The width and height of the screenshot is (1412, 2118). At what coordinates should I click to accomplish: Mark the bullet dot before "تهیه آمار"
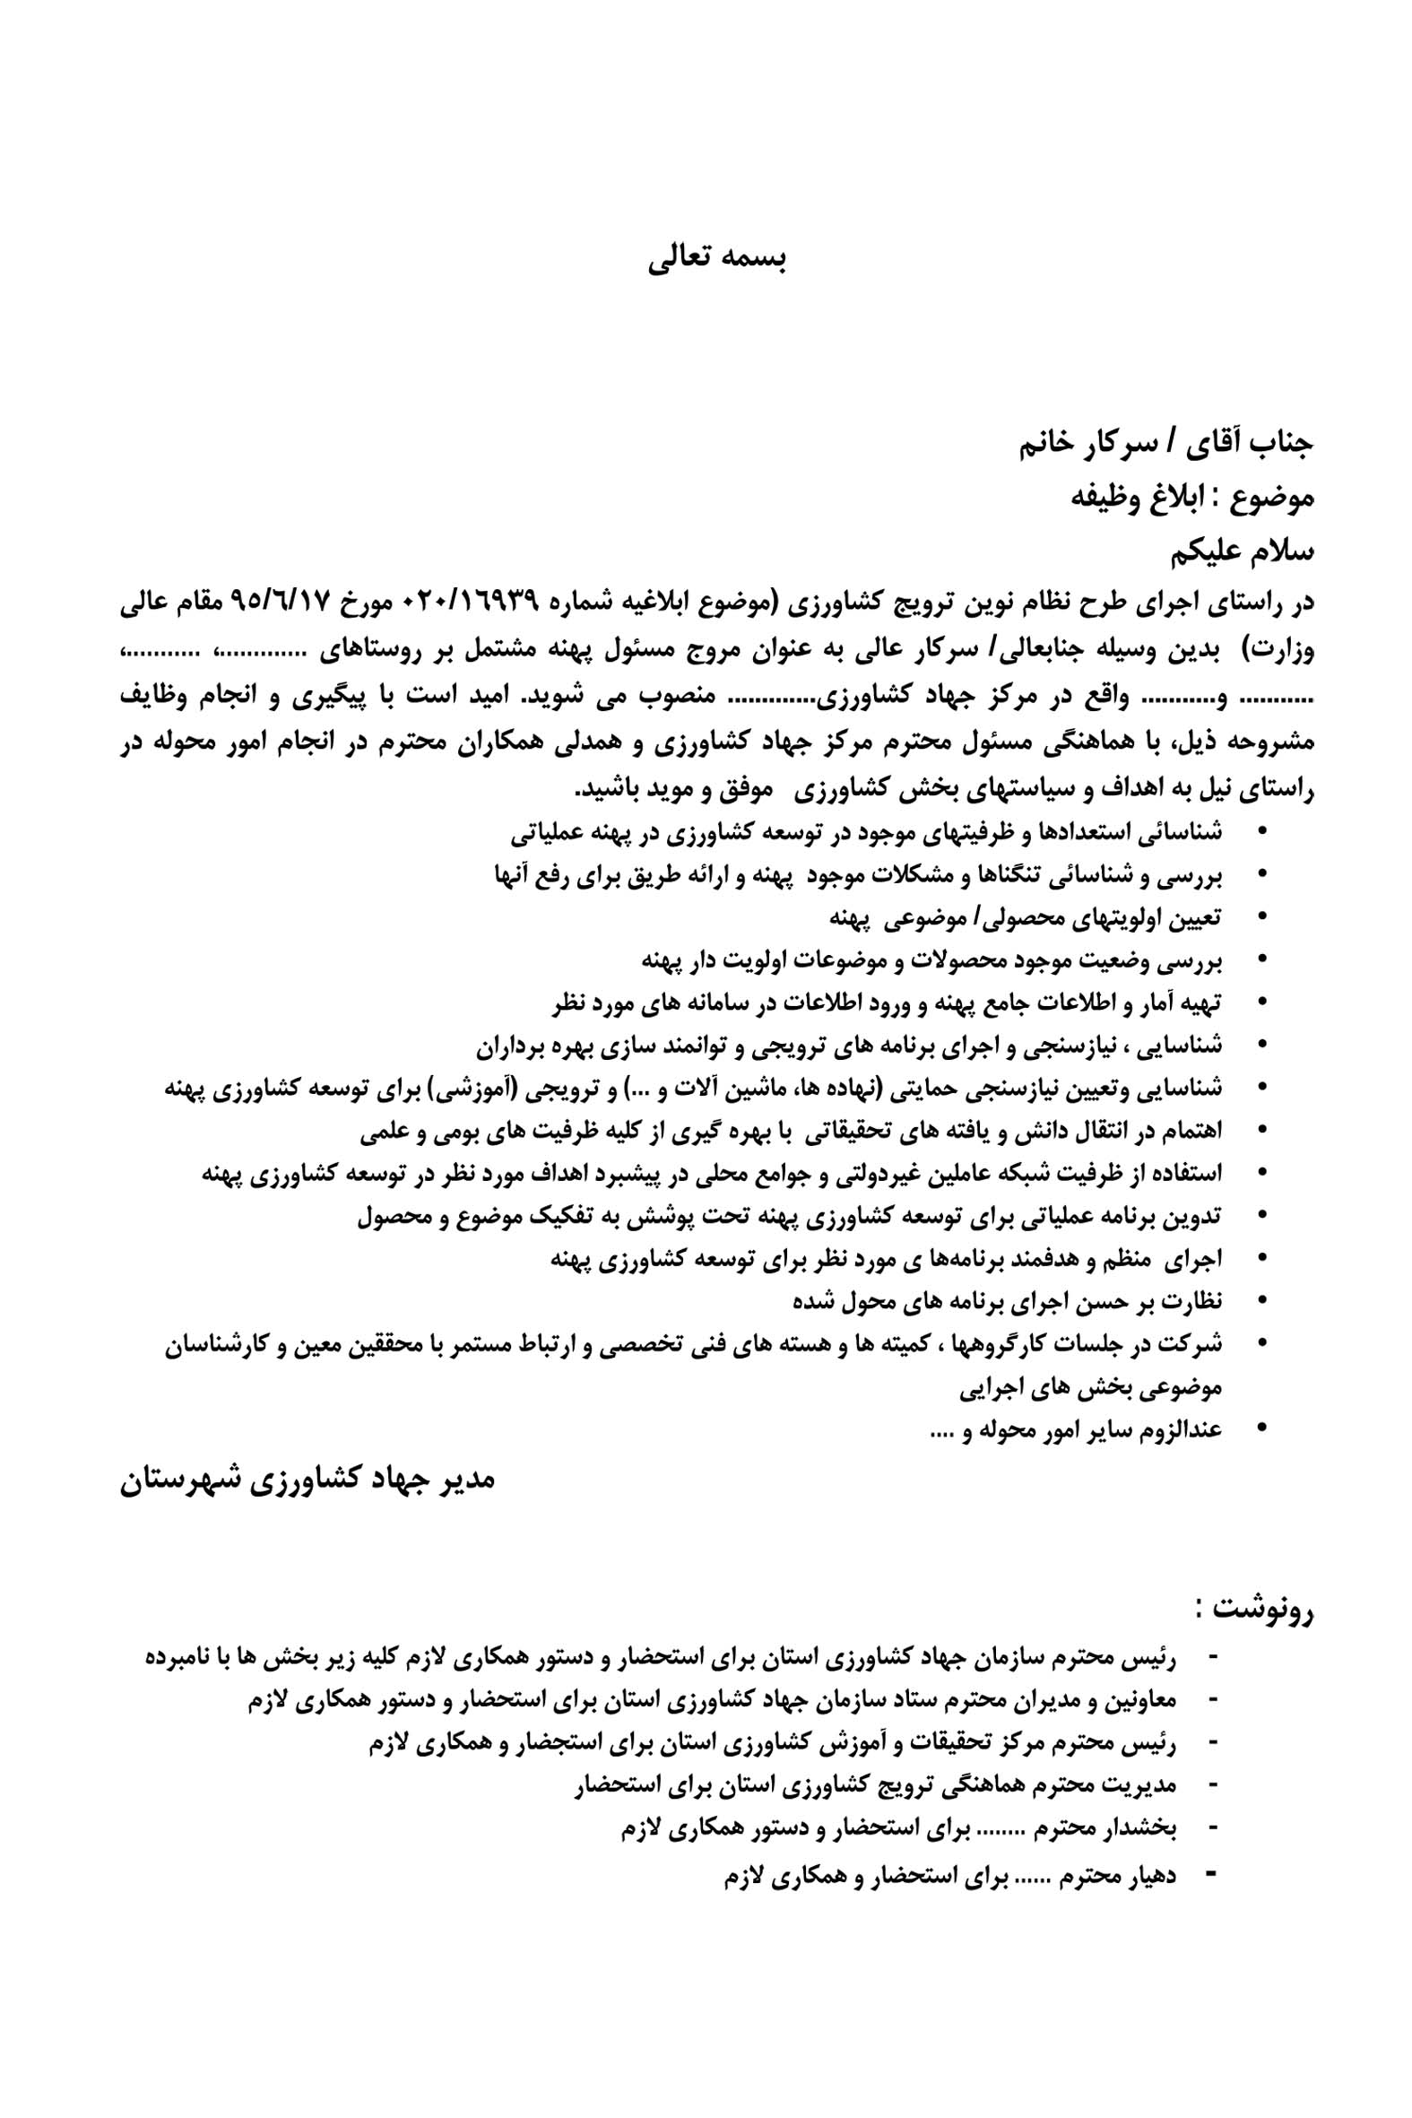point(1260,1001)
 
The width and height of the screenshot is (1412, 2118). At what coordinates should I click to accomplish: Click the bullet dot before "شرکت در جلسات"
point(1260,1342)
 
